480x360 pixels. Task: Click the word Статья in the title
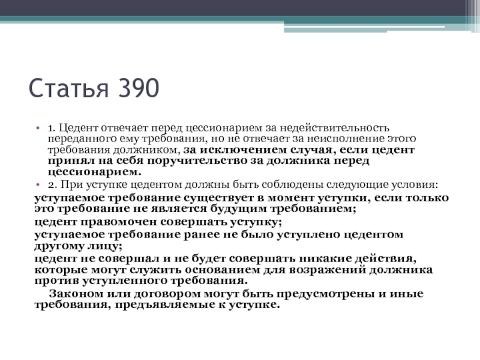(68, 88)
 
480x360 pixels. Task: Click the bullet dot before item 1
(38, 128)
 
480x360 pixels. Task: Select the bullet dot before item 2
(38, 185)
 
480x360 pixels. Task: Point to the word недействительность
(334, 128)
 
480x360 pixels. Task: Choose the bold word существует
(219, 198)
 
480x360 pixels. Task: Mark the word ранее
(202, 235)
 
